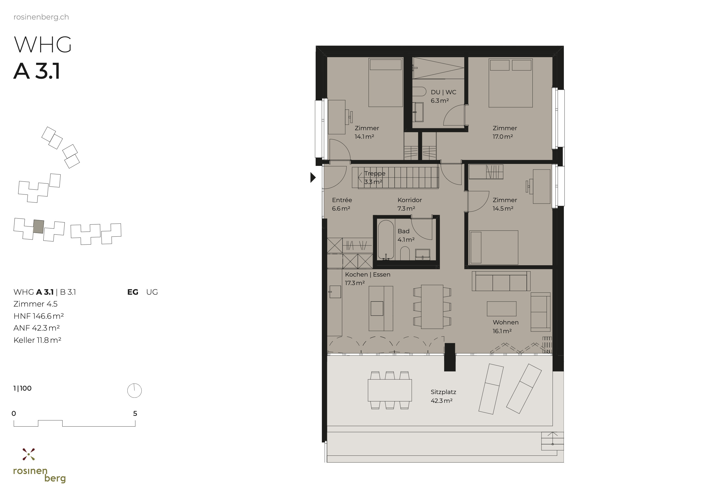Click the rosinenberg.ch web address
(x=41, y=17)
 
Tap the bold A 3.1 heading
(x=37, y=71)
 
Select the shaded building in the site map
(x=38, y=226)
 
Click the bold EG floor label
(x=133, y=292)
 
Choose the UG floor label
(x=152, y=292)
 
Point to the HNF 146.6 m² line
(x=38, y=316)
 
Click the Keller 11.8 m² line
(x=37, y=340)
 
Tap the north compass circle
(x=134, y=390)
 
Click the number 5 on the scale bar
(x=135, y=413)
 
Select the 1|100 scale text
(x=22, y=388)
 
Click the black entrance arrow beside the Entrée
(x=313, y=177)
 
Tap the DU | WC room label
(x=443, y=92)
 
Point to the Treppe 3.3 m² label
(x=374, y=177)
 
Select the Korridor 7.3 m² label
(x=409, y=204)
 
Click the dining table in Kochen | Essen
(x=432, y=307)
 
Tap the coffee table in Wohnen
(x=501, y=309)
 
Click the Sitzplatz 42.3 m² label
(x=443, y=396)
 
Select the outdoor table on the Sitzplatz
(x=389, y=390)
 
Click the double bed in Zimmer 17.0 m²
(x=510, y=83)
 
